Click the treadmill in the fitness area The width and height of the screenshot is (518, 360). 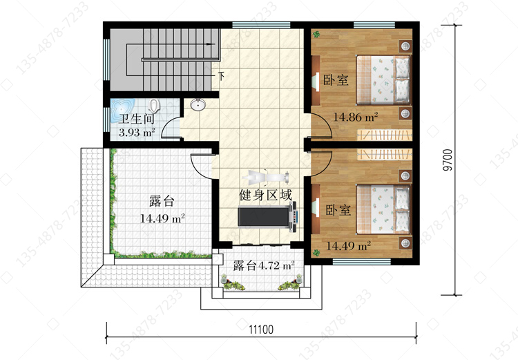267,216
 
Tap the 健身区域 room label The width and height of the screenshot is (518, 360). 265,195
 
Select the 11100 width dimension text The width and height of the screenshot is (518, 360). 261,330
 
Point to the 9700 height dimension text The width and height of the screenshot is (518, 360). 447,160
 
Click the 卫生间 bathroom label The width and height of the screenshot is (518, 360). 137,119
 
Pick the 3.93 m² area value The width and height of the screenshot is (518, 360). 137,133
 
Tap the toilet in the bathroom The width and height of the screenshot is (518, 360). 154,106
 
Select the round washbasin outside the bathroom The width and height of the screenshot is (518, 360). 198,105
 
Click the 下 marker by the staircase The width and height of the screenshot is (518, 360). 222,77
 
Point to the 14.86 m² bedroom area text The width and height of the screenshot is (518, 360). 355,117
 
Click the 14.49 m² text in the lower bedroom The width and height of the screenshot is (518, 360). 349,245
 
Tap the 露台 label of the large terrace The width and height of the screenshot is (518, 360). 162,201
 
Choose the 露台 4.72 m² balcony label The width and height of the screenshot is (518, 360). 264,265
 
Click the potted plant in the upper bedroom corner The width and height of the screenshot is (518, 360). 317,34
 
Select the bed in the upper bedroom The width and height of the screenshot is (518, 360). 383,79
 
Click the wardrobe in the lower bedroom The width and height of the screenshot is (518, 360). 385,154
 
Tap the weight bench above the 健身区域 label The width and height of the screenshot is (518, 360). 266,178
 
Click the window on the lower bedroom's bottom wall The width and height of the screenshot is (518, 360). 361,262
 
